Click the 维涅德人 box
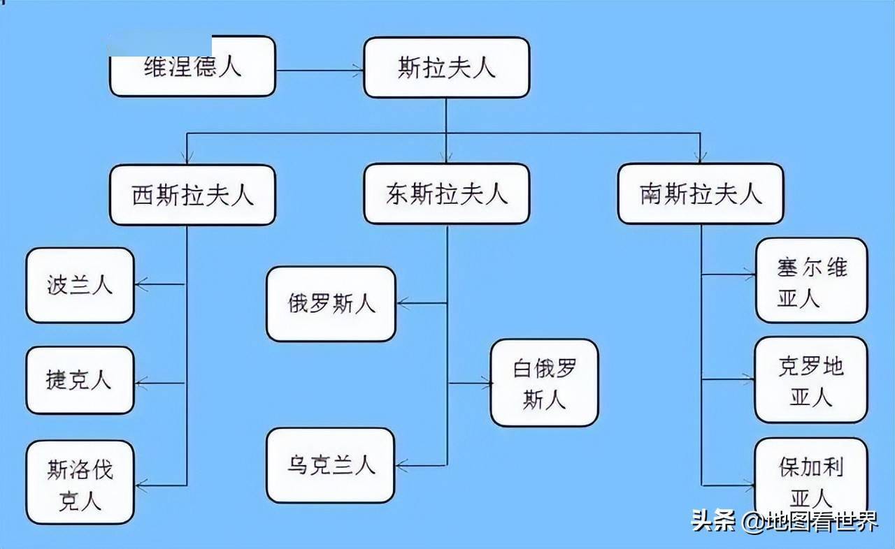(x=193, y=68)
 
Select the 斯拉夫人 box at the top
(x=446, y=68)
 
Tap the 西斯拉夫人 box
(x=192, y=195)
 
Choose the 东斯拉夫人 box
(x=446, y=194)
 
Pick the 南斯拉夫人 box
(x=701, y=194)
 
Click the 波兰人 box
(x=80, y=285)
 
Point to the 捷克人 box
(x=80, y=381)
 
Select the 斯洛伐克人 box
(x=80, y=482)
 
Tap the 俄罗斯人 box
(x=331, y=304)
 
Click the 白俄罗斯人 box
(x=544, y=383)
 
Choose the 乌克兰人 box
(x=331, y=465)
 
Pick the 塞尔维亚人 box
(x=811, y=281)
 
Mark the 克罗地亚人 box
(x=811, y=380)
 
